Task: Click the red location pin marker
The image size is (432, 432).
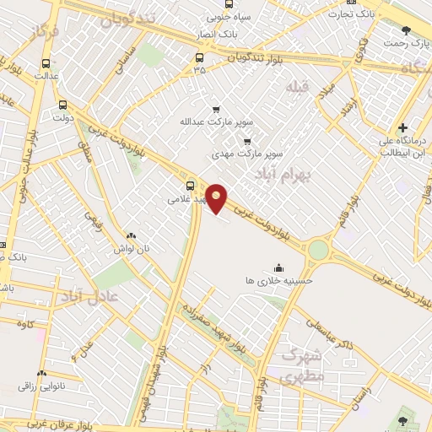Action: point(217,197)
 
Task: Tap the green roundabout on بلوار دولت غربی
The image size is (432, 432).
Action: point(318,249)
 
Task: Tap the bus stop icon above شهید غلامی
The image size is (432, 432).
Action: point(189,185)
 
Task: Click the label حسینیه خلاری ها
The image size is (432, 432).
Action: point(279,278)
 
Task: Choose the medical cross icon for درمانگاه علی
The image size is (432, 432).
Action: point(403,127)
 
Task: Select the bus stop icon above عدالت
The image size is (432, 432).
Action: point(45,62)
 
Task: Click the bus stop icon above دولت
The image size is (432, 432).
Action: point(63,105)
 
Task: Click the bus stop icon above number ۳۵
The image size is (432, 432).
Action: point(199,57)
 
